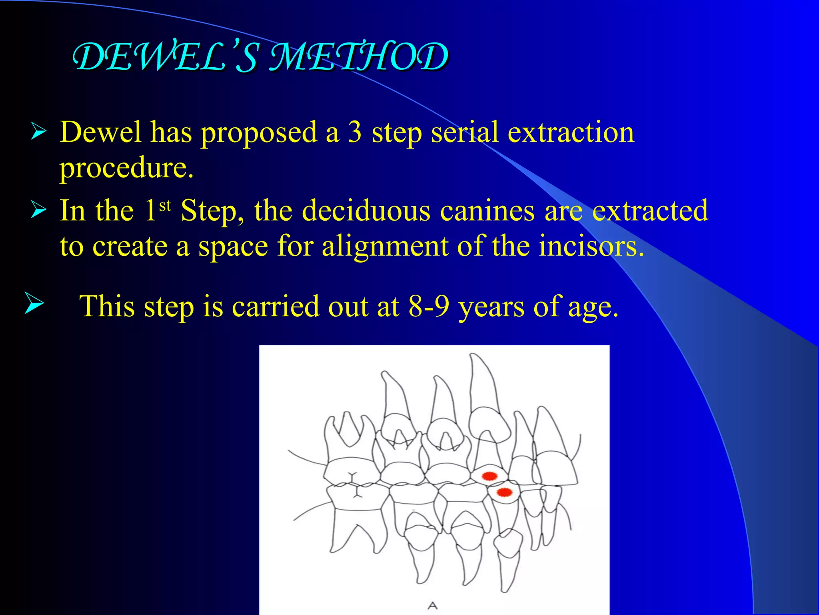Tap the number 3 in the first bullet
(355, 133)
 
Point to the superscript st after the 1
(165, 206)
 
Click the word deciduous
(366, 211)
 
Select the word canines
(487, 211)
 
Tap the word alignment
(385, 246)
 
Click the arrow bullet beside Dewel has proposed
(38, 132)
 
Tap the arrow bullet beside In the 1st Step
(38, 210)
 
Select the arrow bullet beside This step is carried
(34, 303)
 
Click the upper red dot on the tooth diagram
(489, 476)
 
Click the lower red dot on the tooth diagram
(504, 492)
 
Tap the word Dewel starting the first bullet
(100, 133)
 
